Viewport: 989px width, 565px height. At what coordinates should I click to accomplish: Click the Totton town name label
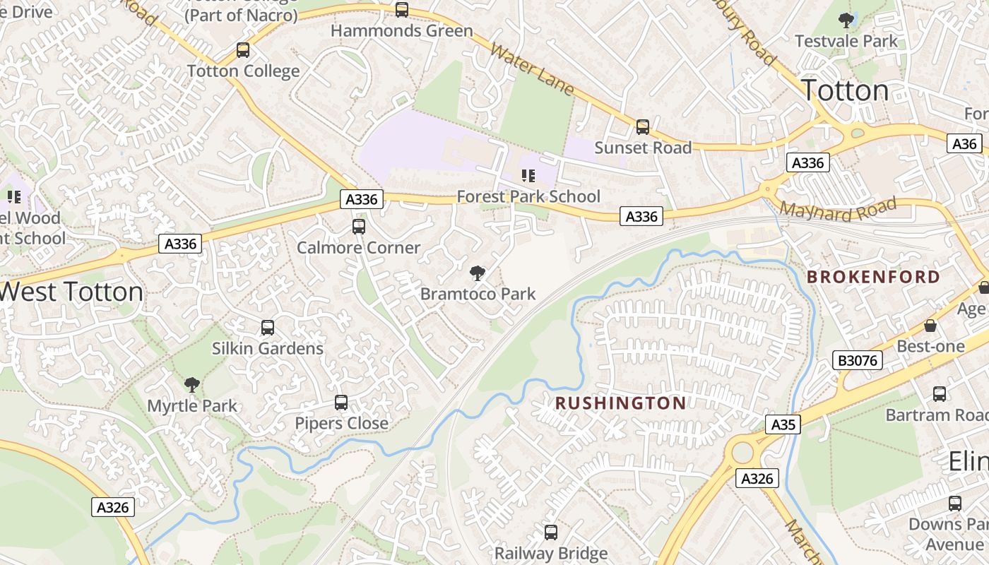click(845, 90)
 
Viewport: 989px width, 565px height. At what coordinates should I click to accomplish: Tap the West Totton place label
click(71, 292)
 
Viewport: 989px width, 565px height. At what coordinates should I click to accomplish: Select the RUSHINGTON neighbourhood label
click(620, 403)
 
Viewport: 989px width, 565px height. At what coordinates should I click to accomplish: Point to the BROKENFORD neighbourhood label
click(873, 277)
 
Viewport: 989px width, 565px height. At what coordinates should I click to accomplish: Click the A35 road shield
click(783, 424)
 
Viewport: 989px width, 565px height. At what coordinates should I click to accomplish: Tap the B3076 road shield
click(858, 360)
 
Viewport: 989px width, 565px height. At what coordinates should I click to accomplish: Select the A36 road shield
click(964, 144)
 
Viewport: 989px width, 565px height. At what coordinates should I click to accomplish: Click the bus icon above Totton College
click(243, 50)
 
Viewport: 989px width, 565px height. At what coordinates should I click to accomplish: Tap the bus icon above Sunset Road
click(642, 127)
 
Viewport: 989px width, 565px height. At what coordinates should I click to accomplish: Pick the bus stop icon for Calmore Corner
click(358, 227)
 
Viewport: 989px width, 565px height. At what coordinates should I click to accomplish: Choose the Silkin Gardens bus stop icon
click(267, 328)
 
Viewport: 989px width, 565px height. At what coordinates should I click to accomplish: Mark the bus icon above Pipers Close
click(341, 403)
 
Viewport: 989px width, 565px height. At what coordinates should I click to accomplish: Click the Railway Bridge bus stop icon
click(550, 533)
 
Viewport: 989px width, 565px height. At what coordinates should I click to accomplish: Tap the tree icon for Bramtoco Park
click(478, 273)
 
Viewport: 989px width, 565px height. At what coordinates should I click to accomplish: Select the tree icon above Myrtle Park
click(191, 385)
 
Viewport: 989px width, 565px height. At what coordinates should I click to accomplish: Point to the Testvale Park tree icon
click(846, 20)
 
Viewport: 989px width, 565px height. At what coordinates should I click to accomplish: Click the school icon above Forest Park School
click(528, 175)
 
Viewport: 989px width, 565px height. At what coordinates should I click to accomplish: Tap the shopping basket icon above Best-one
click(930, 326)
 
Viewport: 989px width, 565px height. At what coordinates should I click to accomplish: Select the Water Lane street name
click(531, 69)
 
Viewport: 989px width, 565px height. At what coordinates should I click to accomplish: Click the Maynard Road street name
click(838, 208)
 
